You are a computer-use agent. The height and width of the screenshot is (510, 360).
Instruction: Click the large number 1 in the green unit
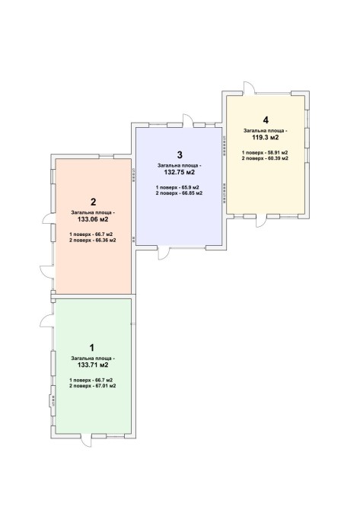tap(92, 348)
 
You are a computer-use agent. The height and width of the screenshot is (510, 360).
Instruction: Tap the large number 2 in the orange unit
tap(94, 202)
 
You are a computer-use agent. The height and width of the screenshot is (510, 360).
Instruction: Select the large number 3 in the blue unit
tap(180, 155)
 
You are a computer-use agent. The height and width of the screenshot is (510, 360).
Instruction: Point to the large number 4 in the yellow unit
tap(266, 120)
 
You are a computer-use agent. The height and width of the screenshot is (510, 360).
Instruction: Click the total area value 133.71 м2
tap(93, 365)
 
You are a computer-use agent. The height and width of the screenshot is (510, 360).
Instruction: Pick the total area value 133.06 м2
tap(93, 219)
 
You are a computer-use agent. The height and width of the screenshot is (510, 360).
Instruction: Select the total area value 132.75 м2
tap(179, 172)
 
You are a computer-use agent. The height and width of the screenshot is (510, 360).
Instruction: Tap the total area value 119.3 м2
tap(266, 137)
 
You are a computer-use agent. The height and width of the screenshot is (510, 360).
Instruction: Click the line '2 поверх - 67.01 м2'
tap(93, 386)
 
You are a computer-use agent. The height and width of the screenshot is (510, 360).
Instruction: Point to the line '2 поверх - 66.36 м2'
tap(93, 241)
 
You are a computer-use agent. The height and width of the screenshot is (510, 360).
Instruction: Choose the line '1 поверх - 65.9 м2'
tap(177, 187)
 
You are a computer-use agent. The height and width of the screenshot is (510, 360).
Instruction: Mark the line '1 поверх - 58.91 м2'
tap(265, 152)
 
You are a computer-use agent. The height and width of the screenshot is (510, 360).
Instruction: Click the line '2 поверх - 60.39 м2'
tap(265, 158)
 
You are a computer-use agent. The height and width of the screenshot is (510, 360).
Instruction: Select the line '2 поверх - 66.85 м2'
tap(179, 193)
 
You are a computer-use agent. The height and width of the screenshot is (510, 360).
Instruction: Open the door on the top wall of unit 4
tap(249, 88)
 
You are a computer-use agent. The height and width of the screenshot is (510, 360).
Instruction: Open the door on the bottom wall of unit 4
tap(261, 221)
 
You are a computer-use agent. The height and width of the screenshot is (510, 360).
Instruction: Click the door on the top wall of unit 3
tap(188, 121)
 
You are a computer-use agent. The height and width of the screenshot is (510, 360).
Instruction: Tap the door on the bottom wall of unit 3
tap(164, 253)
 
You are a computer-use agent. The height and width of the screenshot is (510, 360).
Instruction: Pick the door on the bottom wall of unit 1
tap(87, 441)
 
